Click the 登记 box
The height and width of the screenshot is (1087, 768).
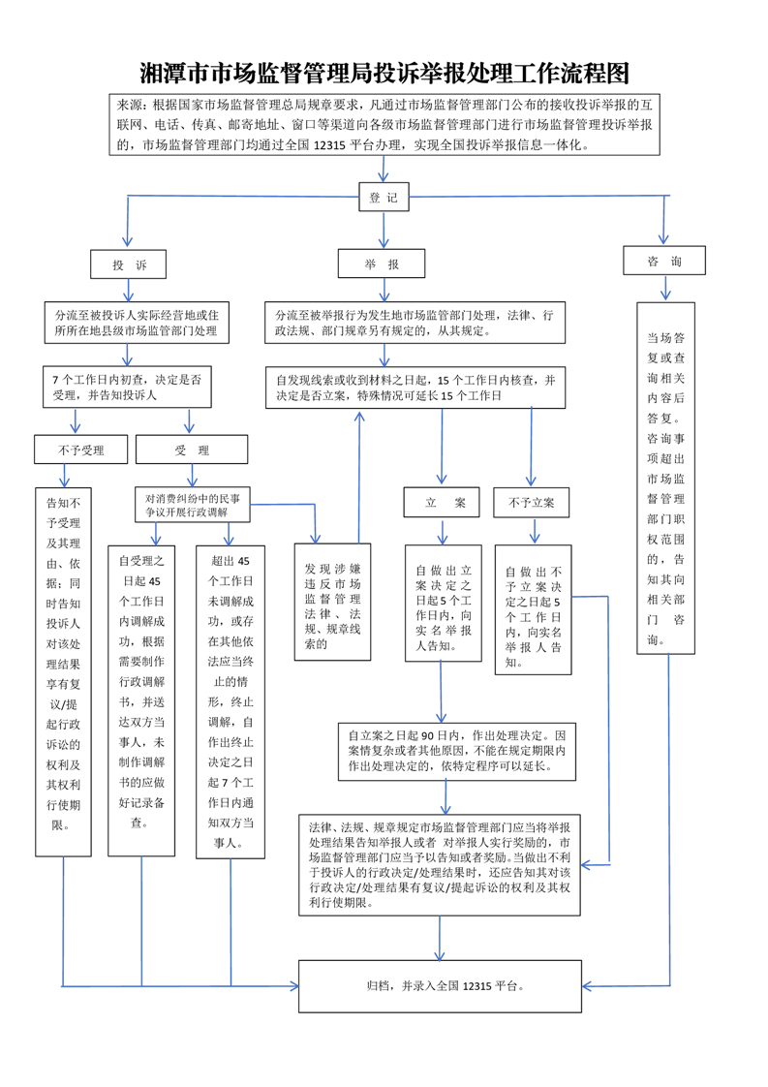pyautogui.click(x=384, y=197)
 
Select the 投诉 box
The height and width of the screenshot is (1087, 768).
pyautogui.click(x=128, y=264)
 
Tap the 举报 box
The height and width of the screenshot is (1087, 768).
pyautogui.click(x=383, y=264)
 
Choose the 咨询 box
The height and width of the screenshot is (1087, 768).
pyautogui.click(x=664, y=261)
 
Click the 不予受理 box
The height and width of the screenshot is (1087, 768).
pyautogui.click(x=79, y=450)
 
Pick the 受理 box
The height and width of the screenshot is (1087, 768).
pyautogui.click(x=191, y=450)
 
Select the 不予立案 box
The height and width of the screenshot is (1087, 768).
pyautogui.click(x=531, y=503)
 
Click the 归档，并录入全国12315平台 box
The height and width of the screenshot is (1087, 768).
pyautogui.click(x=440, y=986)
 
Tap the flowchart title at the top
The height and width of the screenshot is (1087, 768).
pyautogui.click(x=384, y=74)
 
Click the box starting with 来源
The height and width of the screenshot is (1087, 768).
pyautogui.click(x=384, y=124)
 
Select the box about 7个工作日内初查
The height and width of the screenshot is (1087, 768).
pyautogui.click(x=127, y=387)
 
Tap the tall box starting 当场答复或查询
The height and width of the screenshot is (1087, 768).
pyautogui.click(x=665, y=478)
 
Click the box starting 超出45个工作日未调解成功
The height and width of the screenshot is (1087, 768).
pyautogui.click(x=230, y=700)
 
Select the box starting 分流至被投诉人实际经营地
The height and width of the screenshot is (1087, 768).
pyautogui.click(x=137, y=324)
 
